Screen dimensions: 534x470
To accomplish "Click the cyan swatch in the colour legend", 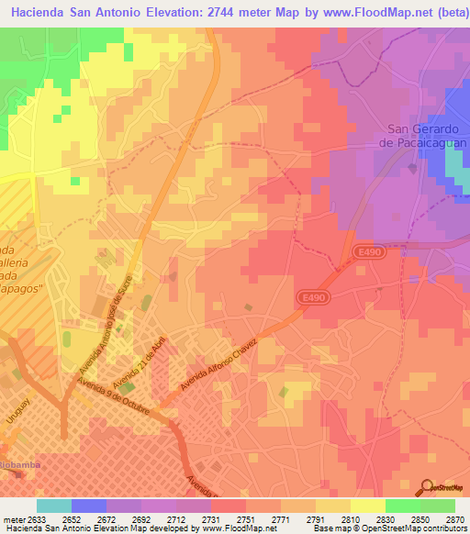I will (53, 506).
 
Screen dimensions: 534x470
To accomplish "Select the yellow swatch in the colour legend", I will (367, 506).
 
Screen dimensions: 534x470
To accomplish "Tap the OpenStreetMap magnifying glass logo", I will (427, 487).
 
